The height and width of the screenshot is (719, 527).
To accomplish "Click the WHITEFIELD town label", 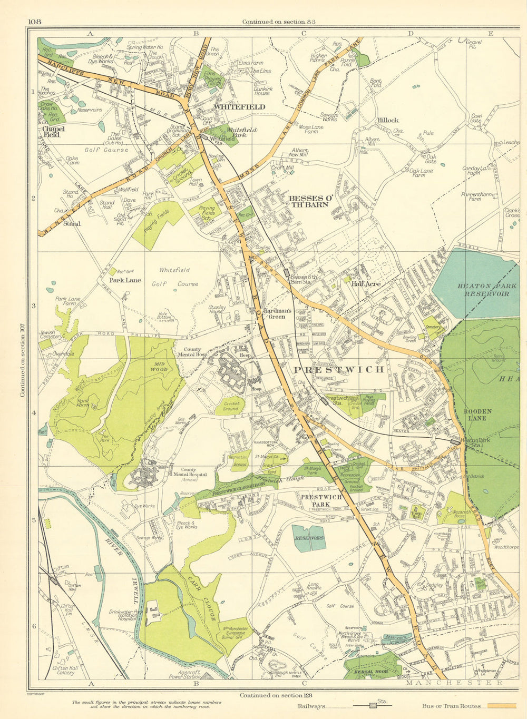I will click(239, 107).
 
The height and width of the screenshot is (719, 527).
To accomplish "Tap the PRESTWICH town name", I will click(339, 369).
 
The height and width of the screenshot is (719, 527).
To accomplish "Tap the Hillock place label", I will click(388, 120).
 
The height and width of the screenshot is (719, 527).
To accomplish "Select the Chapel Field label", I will click(53, 132).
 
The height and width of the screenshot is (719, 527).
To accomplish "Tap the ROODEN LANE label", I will click(477, 415).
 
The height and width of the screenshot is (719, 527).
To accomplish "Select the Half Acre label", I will click(366, 284).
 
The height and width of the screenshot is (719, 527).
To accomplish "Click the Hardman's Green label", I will click(277, 314).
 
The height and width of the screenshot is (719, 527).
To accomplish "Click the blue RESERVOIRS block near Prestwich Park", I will click(309, 538).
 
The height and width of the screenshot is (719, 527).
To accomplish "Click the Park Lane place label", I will click(125, 280).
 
